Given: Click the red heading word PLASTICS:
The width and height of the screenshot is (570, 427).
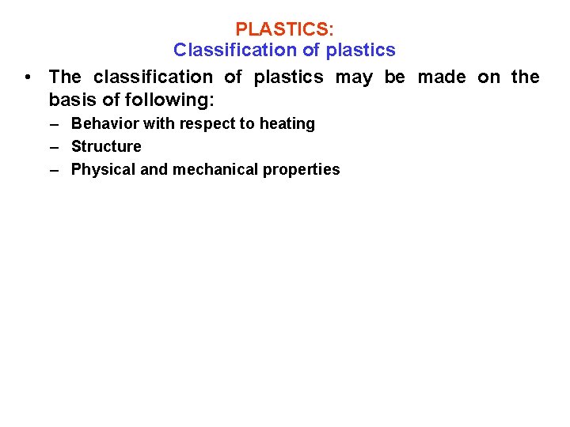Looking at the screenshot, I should coord(285,29).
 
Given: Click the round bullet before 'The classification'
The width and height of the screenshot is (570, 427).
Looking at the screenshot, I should coord(28,77).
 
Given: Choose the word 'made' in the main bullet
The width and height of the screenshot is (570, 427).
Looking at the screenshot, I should coord(442,77).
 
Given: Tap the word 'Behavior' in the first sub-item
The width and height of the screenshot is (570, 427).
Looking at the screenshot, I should coord(104,123).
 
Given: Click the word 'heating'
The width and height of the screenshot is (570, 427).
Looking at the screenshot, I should coord(287,124).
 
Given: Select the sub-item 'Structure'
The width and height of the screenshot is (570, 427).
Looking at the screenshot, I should coord(106,146).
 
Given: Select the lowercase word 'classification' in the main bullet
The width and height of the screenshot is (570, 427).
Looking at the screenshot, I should coord(153,77).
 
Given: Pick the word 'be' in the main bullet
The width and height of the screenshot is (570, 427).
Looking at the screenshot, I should coord(394,77).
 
